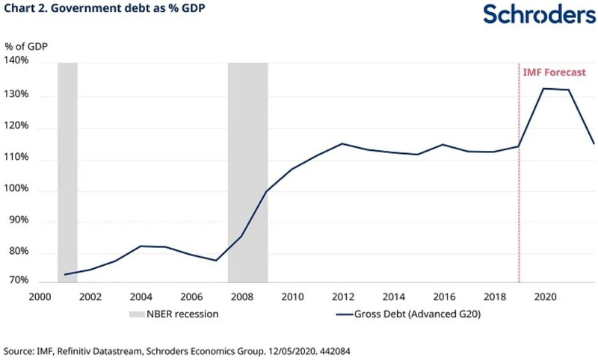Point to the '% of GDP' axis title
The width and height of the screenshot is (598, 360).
(x=28, y=46)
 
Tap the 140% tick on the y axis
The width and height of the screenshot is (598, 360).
(x=17, y=60)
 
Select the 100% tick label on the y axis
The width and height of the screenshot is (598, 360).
(x=17, y=190)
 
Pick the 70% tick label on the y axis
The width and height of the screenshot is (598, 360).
(x=19, y=282)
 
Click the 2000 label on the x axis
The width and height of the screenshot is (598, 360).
(x=40, y=296)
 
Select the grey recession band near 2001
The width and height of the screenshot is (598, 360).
(x=67, y=172)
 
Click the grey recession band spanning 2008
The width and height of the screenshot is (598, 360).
(x=247, y=172)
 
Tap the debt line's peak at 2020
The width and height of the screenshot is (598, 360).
(x=544, y=89)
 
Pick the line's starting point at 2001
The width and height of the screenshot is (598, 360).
(x=65, y=274)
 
